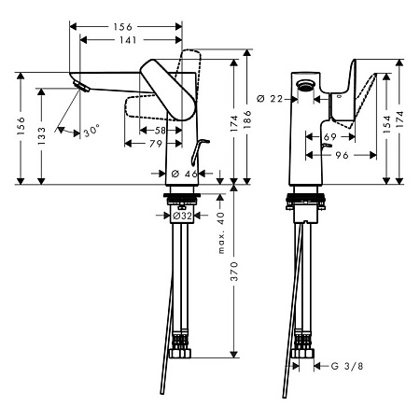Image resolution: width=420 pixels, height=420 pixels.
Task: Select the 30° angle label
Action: coord(90,132)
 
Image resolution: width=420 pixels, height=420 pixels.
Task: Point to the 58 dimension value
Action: coord(161,131)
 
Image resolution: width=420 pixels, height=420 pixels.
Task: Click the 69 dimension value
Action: coord(329,137)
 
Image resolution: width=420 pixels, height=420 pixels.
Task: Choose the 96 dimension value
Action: coord(343,156)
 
